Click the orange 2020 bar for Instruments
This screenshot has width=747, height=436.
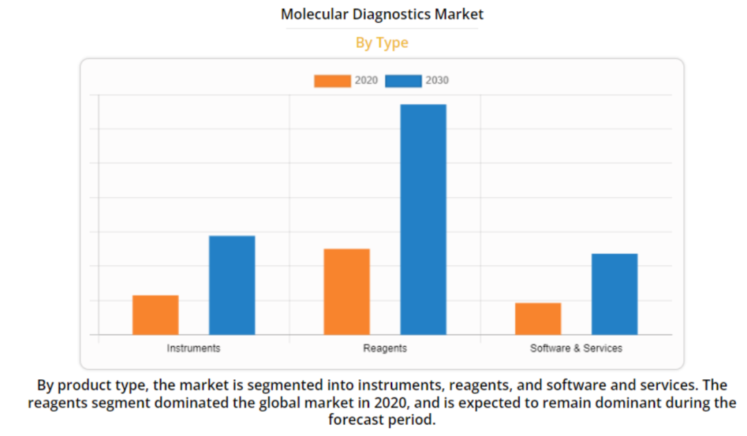coord(156,315)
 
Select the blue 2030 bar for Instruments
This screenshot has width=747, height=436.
coord(232,285)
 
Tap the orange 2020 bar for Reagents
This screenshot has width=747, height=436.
coord(347,291)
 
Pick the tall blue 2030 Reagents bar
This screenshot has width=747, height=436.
coord(423,219)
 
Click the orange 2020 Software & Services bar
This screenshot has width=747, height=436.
coord(538,318)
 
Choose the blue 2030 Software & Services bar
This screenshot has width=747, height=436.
coord(614,294)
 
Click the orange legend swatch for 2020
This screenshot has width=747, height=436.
coord(332,81)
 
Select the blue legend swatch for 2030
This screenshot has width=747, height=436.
coord(403,81)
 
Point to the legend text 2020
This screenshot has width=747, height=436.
coord(367,81)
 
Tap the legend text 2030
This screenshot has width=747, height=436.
coord(437,81)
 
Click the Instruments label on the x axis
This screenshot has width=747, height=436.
coord(194,348)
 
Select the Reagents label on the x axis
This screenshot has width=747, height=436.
coord(385,348)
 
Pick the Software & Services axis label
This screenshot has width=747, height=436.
coord(576,348)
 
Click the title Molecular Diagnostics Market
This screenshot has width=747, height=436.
coord(382,15)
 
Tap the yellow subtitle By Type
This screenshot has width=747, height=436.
coord(382,43)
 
